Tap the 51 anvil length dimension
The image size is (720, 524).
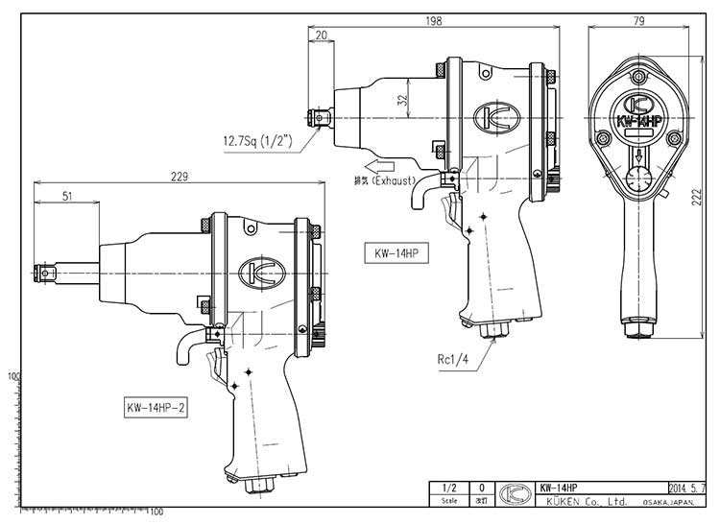tap(66, 196)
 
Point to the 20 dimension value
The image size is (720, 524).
tap(321, 36)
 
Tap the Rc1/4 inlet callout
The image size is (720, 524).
tap(451, 360)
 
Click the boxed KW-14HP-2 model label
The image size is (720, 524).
tap(156, 405)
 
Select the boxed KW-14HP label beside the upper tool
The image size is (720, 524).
tap(395, 254)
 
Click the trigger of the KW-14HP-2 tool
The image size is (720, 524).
tap(215, 364)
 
